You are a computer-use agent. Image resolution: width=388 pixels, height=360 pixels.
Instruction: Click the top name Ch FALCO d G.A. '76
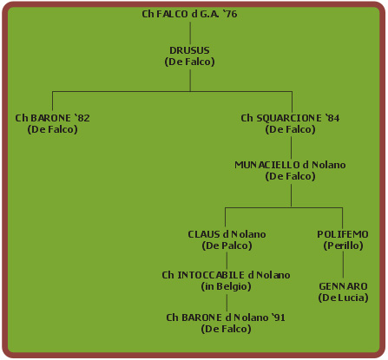(189, 14)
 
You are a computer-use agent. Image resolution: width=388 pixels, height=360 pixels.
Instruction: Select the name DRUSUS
(189, 50)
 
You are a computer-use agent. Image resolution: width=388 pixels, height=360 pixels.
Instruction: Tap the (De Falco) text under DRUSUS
(189, 62)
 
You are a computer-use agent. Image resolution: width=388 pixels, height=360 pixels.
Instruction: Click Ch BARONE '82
(52, 118)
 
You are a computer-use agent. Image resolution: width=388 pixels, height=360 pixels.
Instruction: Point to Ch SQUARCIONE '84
(290, 118)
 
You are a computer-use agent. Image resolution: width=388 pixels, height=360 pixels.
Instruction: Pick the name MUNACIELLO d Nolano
(290, 165)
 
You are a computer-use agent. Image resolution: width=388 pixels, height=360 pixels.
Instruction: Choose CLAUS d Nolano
(227, 234)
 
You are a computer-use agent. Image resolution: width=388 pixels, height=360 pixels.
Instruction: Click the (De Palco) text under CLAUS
(227, 245)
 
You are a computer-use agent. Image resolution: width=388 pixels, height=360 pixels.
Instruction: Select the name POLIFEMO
(343, 234)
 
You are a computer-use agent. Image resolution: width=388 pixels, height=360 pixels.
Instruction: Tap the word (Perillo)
(343, 245)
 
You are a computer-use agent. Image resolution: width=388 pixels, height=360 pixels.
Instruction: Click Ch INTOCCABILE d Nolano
(226, 275)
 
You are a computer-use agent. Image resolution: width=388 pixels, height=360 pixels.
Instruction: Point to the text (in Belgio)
(226, 286)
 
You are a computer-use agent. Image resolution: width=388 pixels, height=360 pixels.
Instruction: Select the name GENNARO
(343, 286)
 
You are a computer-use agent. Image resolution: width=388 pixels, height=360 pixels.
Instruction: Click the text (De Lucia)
(343, 298)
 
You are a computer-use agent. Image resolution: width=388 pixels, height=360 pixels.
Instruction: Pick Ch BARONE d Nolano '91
(226, 317)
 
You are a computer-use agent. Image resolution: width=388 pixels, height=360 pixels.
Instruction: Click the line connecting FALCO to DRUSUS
(190, 33)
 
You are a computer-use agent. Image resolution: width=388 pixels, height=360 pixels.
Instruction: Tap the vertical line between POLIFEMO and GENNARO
(343, 265)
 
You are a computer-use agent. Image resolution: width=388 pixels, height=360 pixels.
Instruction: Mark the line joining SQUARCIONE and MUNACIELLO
(291, 147)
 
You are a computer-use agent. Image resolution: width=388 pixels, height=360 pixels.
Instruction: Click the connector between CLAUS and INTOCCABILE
(227, 260)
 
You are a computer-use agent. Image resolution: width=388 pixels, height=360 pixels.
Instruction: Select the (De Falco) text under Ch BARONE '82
(52, 129)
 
